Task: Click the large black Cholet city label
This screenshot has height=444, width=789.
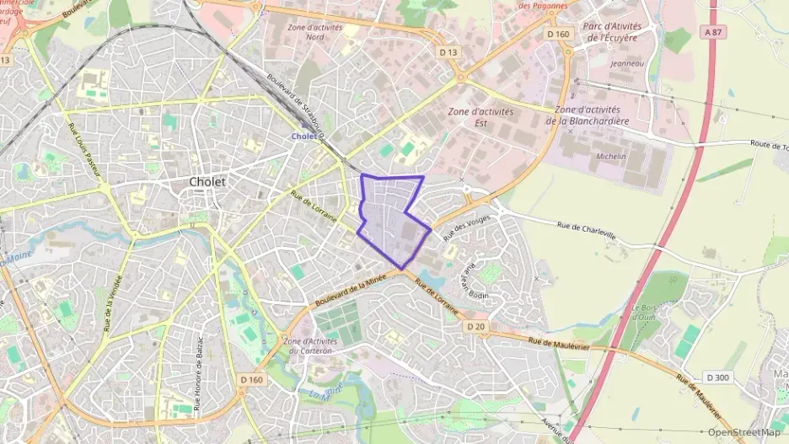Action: pyautogui.click(x=207, y=182)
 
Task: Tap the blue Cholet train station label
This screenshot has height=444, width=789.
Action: pyautogui.click(x=303, y=136)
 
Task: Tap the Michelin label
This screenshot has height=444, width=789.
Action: pyautogui.click(x=611, y=157)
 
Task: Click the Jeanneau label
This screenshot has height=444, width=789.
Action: pyautogui.click(x=626, y=63)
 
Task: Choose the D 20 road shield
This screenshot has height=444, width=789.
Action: pyautogui.click(x=475, y=326)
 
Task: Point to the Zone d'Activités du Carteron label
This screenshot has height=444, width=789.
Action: pyautogui.click(x=311, y=346)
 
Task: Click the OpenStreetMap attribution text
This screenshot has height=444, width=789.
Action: pyautogui.click(x=743, y=433)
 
